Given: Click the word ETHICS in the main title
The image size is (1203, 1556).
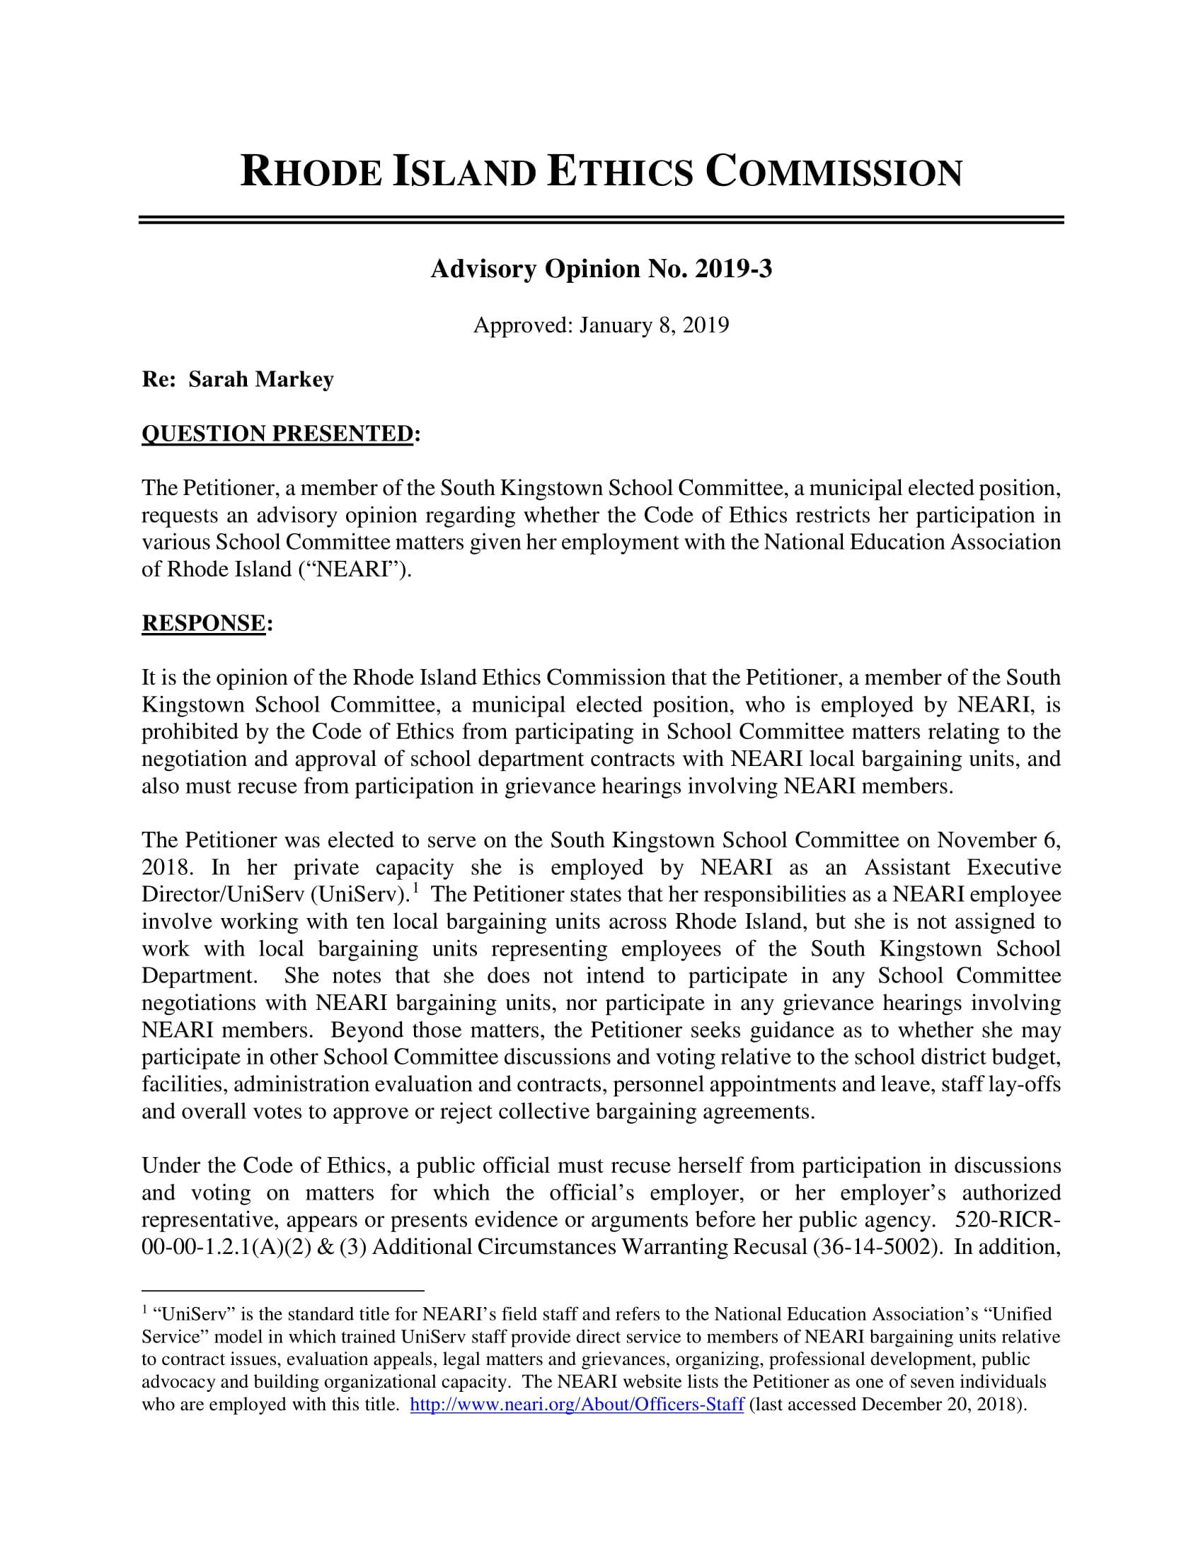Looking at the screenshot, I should click(x=619, y=174).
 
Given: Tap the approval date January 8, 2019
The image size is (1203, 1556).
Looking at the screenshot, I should click(x=655, y=325).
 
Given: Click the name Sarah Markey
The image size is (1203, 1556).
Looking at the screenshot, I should click(x=261, y=380).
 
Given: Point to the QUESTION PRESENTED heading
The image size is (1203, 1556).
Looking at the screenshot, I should click(x=277, y=433).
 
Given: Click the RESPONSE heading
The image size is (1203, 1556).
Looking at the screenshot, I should click(x=204, y=622).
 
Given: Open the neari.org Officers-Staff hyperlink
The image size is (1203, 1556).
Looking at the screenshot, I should click(x=577, y=1404).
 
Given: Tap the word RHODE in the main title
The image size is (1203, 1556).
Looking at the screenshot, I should click(x=311, y=174).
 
